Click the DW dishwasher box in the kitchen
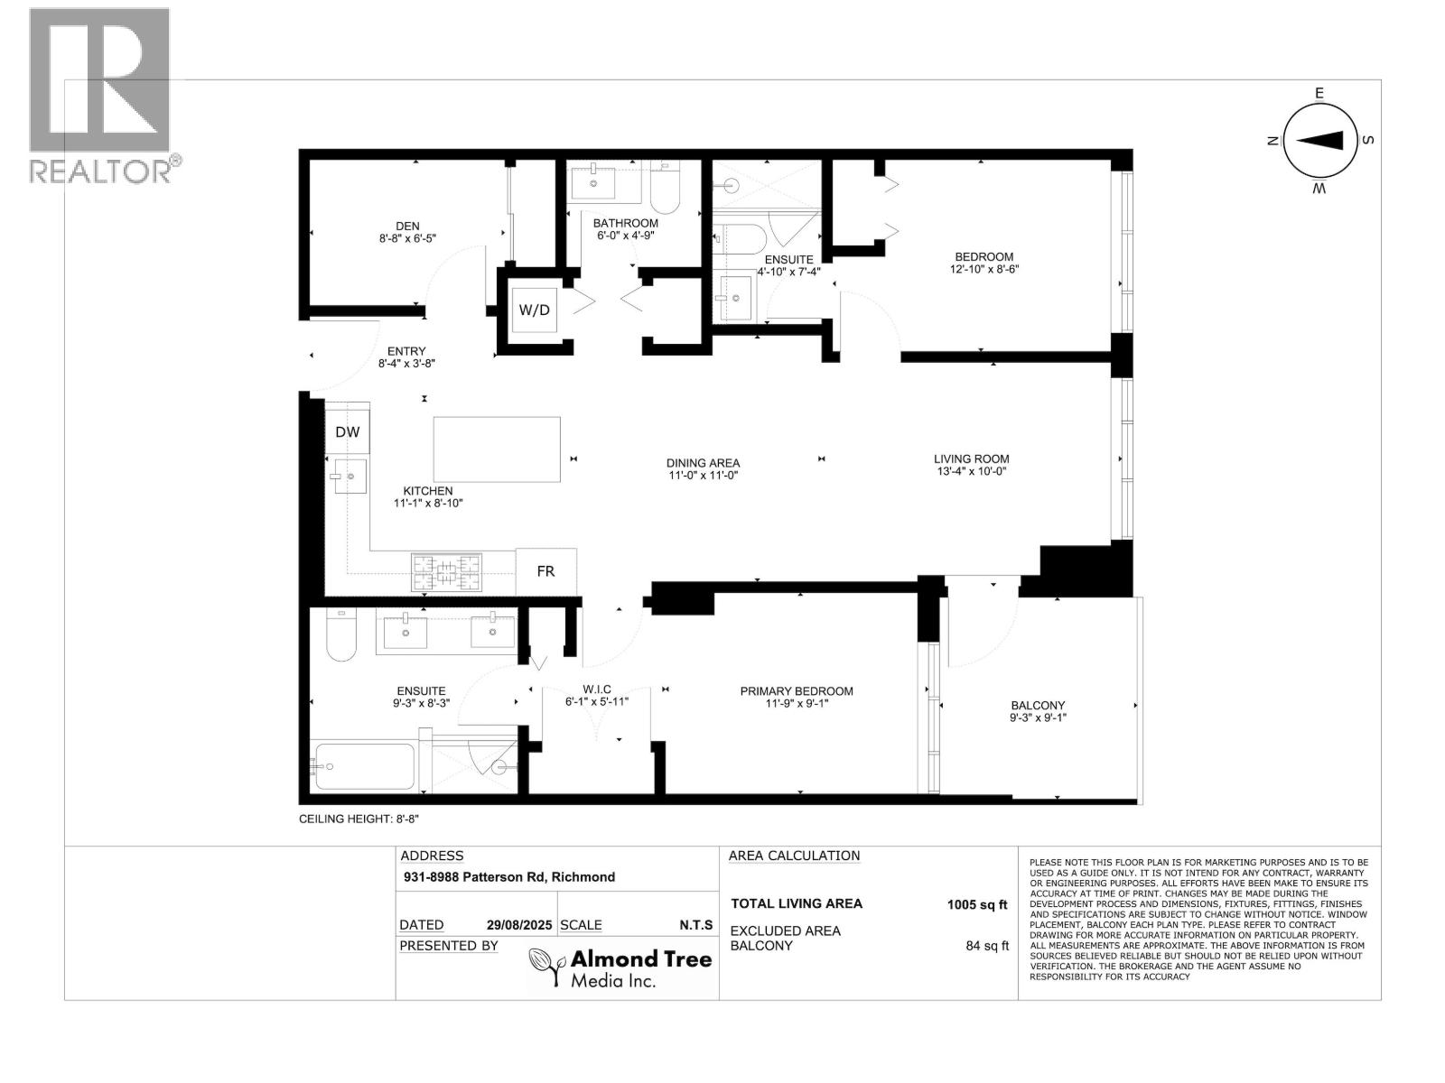point(347,432)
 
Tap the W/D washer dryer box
point(534,310)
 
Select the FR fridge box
point(545,571)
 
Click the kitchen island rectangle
point(497,449)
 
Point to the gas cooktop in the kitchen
point(447,572)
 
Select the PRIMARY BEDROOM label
point(797,691)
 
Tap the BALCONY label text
point(1038,706)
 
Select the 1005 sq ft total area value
point(976,904)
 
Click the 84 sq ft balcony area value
point(987,946)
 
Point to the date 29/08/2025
point(519,925)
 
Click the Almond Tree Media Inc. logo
point(620,968)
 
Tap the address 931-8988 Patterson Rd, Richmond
point(508,876)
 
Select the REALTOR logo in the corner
point(101,95)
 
